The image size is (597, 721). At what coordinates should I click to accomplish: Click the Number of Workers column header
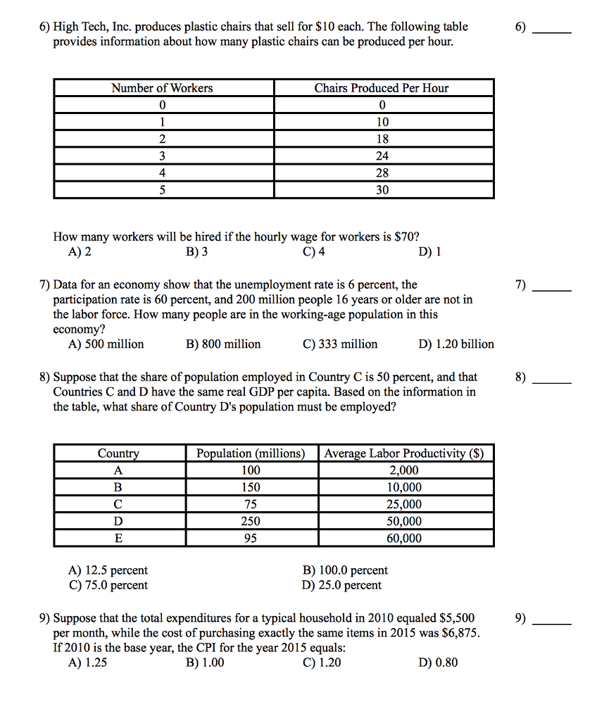point(162,88)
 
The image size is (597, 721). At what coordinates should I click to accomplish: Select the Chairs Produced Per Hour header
point(381,88)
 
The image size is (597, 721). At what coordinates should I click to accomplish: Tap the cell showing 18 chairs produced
point(382,139)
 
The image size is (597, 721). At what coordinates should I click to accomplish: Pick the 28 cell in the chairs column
point(382,173)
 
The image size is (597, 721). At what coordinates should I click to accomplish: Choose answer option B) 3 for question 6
point(197,251)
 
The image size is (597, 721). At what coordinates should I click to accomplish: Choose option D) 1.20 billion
point(456,344)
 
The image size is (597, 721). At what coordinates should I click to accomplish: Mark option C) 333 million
point(340,344)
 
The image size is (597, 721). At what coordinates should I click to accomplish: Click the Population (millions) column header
point(251,453)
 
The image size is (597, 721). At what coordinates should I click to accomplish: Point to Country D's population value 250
point(251,521)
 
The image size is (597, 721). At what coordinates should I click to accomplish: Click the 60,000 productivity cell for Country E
point(405,538)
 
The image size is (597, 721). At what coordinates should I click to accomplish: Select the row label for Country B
point(118,487)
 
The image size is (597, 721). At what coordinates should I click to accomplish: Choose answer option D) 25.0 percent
point(341,585)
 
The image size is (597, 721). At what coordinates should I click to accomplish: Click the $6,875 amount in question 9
point(458,633)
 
